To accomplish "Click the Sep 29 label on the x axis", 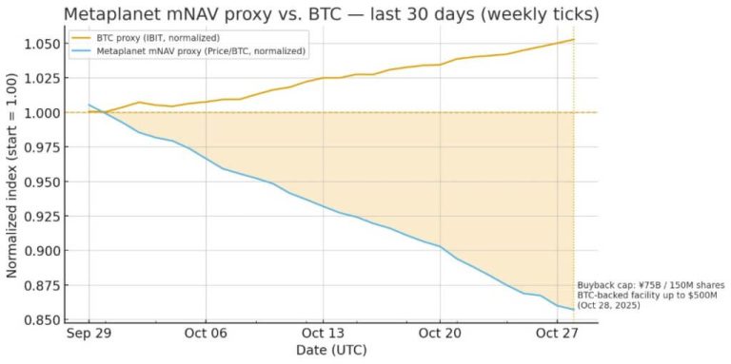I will point(89,334).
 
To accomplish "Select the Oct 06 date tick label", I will point(206,334).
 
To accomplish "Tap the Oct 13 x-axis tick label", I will point(323,334).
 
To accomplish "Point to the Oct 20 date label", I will point(440,334).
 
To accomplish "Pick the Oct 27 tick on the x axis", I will point(557,334).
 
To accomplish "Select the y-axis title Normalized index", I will point(12,181).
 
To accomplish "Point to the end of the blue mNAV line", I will point(573,309).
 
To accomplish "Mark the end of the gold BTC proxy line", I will point(573,40).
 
